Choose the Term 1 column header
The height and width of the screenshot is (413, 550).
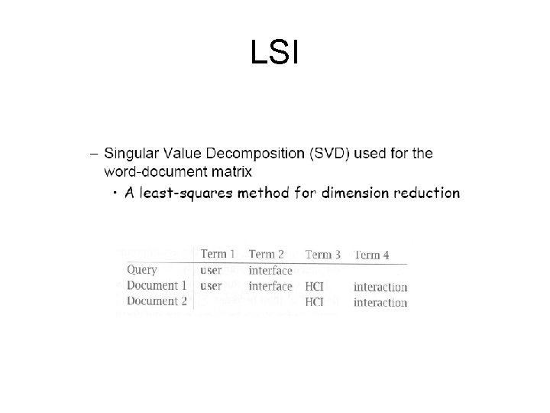[219, 254]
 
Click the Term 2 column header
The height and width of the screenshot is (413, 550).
[267, 254]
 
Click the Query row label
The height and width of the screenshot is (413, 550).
[142, 270]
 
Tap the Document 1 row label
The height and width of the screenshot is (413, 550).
[157, 286]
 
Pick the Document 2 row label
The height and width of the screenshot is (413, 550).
[157, 301]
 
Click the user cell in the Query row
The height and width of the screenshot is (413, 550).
[211, 270]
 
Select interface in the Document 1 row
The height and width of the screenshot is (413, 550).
[270, 286]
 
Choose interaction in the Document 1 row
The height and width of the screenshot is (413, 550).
[380, 288]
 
